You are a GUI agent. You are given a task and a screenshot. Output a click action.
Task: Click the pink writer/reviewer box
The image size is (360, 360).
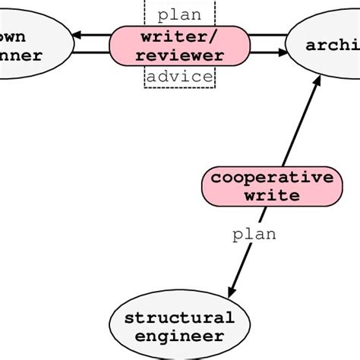tap(180, 46)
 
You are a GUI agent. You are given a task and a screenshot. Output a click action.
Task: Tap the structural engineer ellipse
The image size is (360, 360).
tap(180, 327)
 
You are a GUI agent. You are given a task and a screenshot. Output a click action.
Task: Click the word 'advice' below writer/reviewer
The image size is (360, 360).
tap(180, 77)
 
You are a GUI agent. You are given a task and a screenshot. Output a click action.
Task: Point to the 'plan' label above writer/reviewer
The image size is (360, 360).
tap(180, 14)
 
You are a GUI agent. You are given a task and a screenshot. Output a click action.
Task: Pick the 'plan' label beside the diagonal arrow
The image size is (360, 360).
tap(254, 235)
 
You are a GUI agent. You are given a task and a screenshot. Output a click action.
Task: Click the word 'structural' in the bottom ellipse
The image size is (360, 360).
tap(180, 317)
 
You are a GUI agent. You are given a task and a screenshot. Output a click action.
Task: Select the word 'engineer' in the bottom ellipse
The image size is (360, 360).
tap(180, 336)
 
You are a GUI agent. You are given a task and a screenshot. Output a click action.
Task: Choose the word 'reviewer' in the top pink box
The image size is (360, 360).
tap(180, 55)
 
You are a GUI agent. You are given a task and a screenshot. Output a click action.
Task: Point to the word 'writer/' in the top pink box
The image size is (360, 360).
tap(180, 37)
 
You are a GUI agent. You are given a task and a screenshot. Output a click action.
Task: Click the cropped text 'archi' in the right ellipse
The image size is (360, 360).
tap(332, 46)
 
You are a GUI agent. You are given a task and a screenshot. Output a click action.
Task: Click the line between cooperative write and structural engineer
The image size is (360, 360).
tap(247, 251)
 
